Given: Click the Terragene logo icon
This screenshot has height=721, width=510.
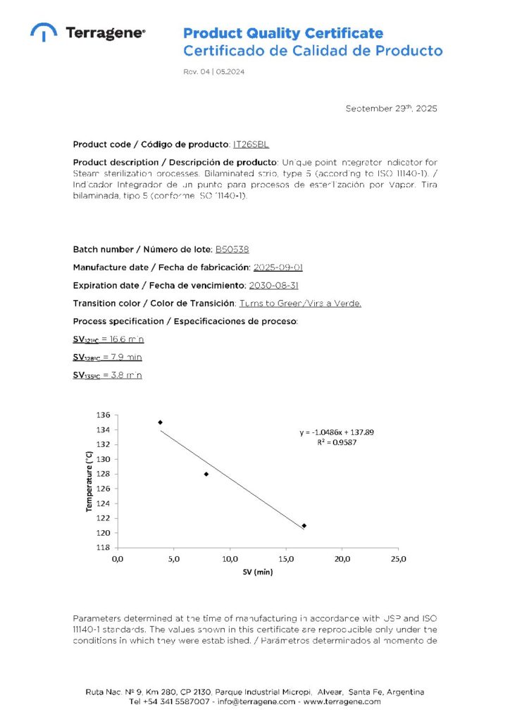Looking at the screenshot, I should (x=44, y=32).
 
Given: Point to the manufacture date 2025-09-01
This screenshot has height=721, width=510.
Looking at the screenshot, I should (x=278, y=268).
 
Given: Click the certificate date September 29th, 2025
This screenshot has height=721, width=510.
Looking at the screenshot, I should (x=391, y=108).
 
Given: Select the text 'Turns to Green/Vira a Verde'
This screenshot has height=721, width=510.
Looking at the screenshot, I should (x=300, y=303).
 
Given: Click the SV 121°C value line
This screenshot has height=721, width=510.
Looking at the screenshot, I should (x=108, y=339).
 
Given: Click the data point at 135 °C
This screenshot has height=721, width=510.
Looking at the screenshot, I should (x=161, y=422).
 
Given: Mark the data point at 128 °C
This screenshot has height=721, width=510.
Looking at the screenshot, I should (x=206, y=474).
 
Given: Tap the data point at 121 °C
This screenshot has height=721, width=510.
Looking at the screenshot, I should (x=304, y=525).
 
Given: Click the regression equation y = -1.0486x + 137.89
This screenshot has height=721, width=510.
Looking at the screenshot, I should (x=337, y=432).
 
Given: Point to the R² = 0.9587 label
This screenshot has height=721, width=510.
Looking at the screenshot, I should (x=337, y=442).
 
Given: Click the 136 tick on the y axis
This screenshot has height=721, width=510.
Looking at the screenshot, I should (x=102, y=415).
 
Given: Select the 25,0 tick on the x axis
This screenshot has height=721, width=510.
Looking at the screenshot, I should (x=398, y=559).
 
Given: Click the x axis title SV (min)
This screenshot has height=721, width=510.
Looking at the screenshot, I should (x=258, y=572).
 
